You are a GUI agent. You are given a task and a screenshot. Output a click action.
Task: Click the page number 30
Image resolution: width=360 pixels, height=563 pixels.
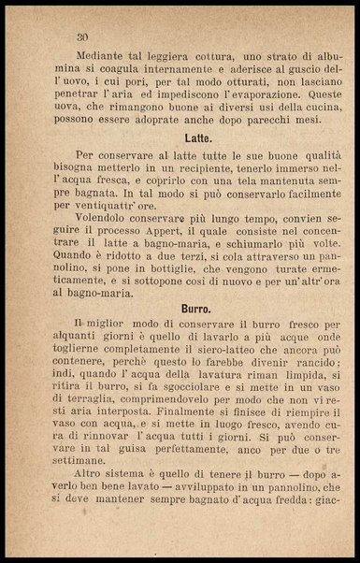83,37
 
